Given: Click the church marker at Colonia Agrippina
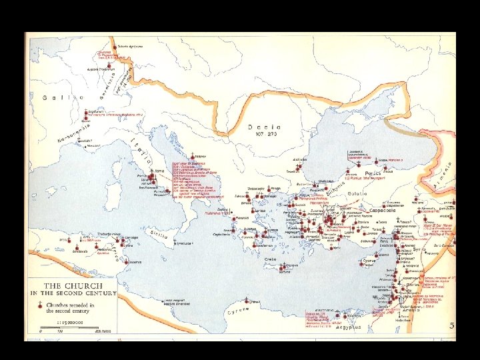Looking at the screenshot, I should pos(117,49).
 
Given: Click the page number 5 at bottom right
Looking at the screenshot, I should pos(451,327).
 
